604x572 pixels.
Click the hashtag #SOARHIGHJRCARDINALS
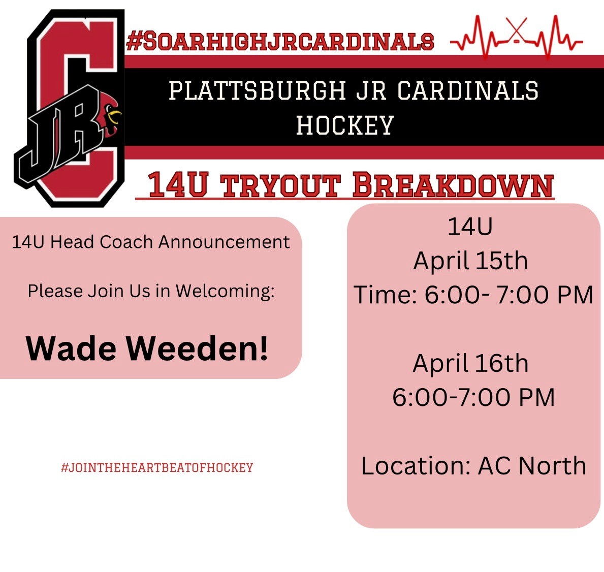click(280, 41)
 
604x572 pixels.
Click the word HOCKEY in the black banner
click(345, 125)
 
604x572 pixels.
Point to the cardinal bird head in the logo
click(110, 114)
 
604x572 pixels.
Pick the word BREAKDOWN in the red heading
click(453, 185)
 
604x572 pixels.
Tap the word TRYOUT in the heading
click(281, 185)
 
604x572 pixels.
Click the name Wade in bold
click(71, 348)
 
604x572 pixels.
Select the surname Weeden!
click(197, 348)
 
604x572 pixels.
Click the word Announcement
click(224, 242)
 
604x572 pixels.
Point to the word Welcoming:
click(226, 292)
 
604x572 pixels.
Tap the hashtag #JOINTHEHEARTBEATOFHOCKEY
click(157, 468)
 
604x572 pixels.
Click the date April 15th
click(471, 261)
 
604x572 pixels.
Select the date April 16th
click(471, 363)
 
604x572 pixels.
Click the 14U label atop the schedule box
click(470, 227)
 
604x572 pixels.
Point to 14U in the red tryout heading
click(178, 185)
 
